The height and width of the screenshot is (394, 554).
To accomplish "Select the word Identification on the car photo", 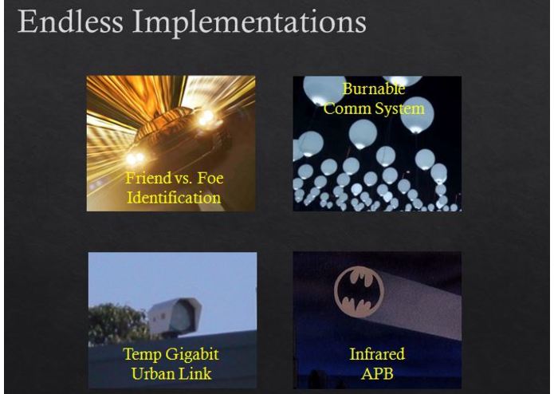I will pyautogui.click(x=173, y=197).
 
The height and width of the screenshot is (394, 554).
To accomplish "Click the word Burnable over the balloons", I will pyautogui.click(x=373, y=89).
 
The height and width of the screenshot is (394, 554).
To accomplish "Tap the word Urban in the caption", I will pyautogui.click(x=153, y=372).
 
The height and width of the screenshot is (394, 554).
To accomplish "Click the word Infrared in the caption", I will pyautogui.click(x=376, y=354).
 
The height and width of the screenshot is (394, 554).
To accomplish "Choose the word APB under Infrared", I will pyautogui.click(x=377, y=372).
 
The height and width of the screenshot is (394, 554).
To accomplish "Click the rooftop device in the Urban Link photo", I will pyautogui.click(x=175, y=315).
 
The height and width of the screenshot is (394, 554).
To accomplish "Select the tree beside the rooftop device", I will pyautogui.click(x=116, y=323).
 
